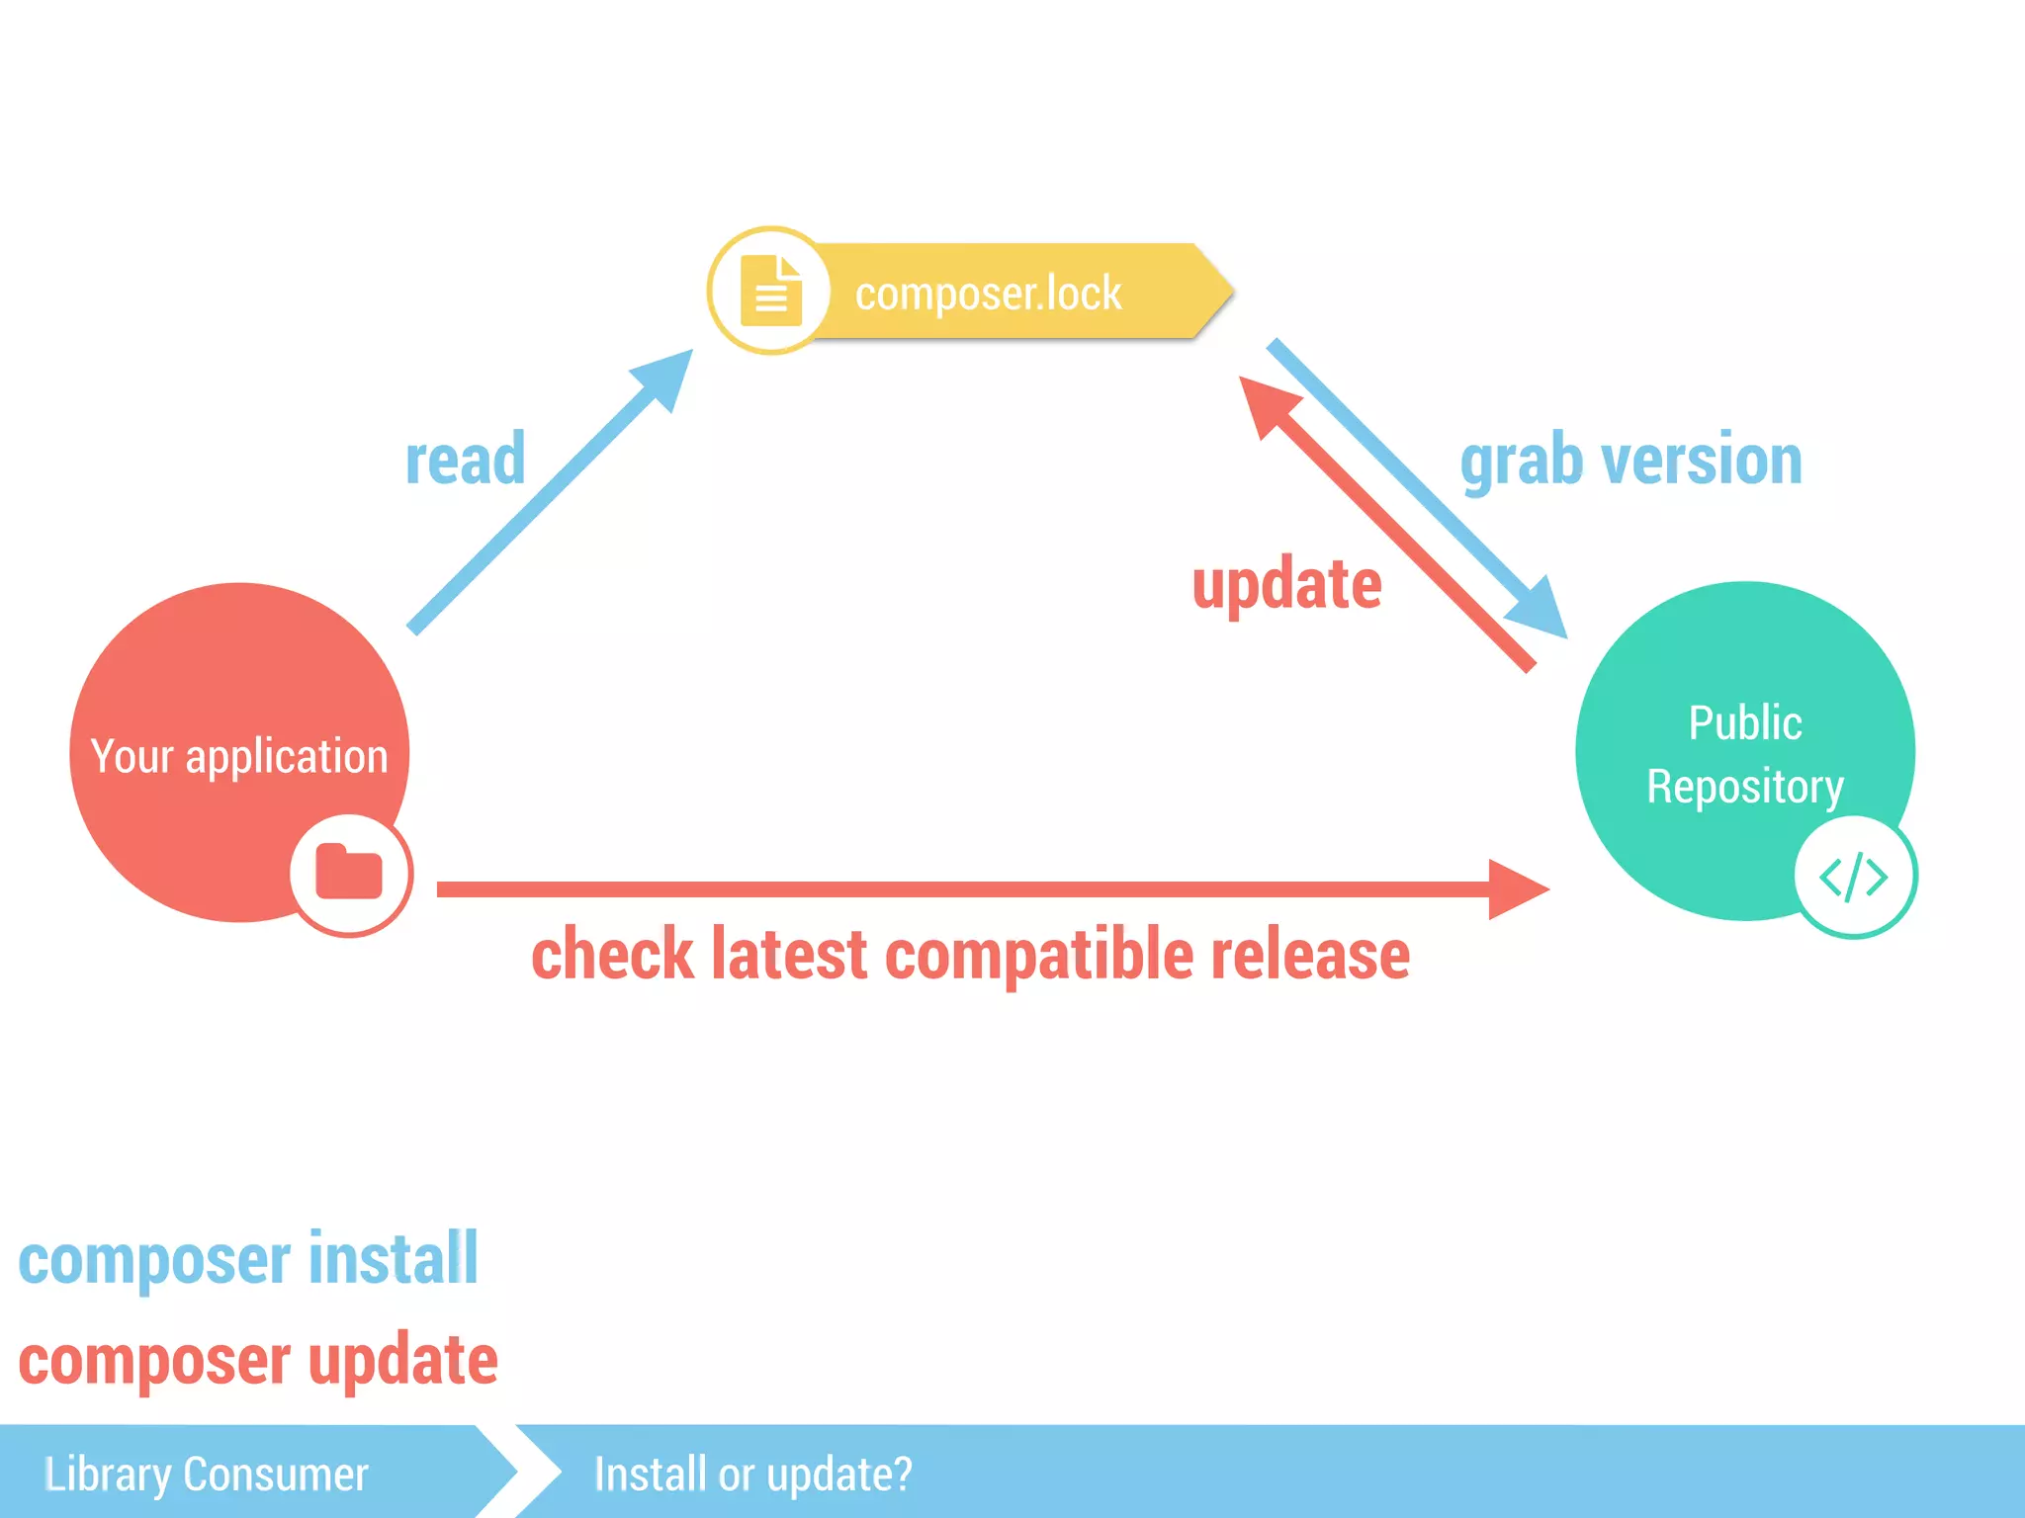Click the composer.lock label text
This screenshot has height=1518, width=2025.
click(x=988, y=294)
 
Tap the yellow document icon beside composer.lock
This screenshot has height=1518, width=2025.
click(x=770, y=291)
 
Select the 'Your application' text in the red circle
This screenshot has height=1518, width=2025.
click(x=239, y=756)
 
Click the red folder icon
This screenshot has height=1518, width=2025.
click(x=349, y=873)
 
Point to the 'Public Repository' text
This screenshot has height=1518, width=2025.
click(x=1744, y=754)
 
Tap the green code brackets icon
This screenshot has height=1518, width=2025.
click(x=1853, y=877)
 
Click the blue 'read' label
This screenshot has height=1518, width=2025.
click(x=465, y=460)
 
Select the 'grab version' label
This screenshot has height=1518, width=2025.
click(x=1631, y=461)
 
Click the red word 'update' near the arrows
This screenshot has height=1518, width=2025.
click(x=1286, y=584)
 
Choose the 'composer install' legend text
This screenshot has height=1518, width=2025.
click(x=248, y=1260)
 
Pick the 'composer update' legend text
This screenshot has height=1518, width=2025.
click(x=258, y=1361)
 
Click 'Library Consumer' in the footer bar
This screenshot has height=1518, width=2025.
click(x=207, y=1474)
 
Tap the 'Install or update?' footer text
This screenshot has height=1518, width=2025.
click(x=752, y=1474)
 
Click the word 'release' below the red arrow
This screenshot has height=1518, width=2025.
click(x=1310, y=955)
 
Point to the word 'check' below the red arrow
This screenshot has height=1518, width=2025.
click(x=613, y=955)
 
